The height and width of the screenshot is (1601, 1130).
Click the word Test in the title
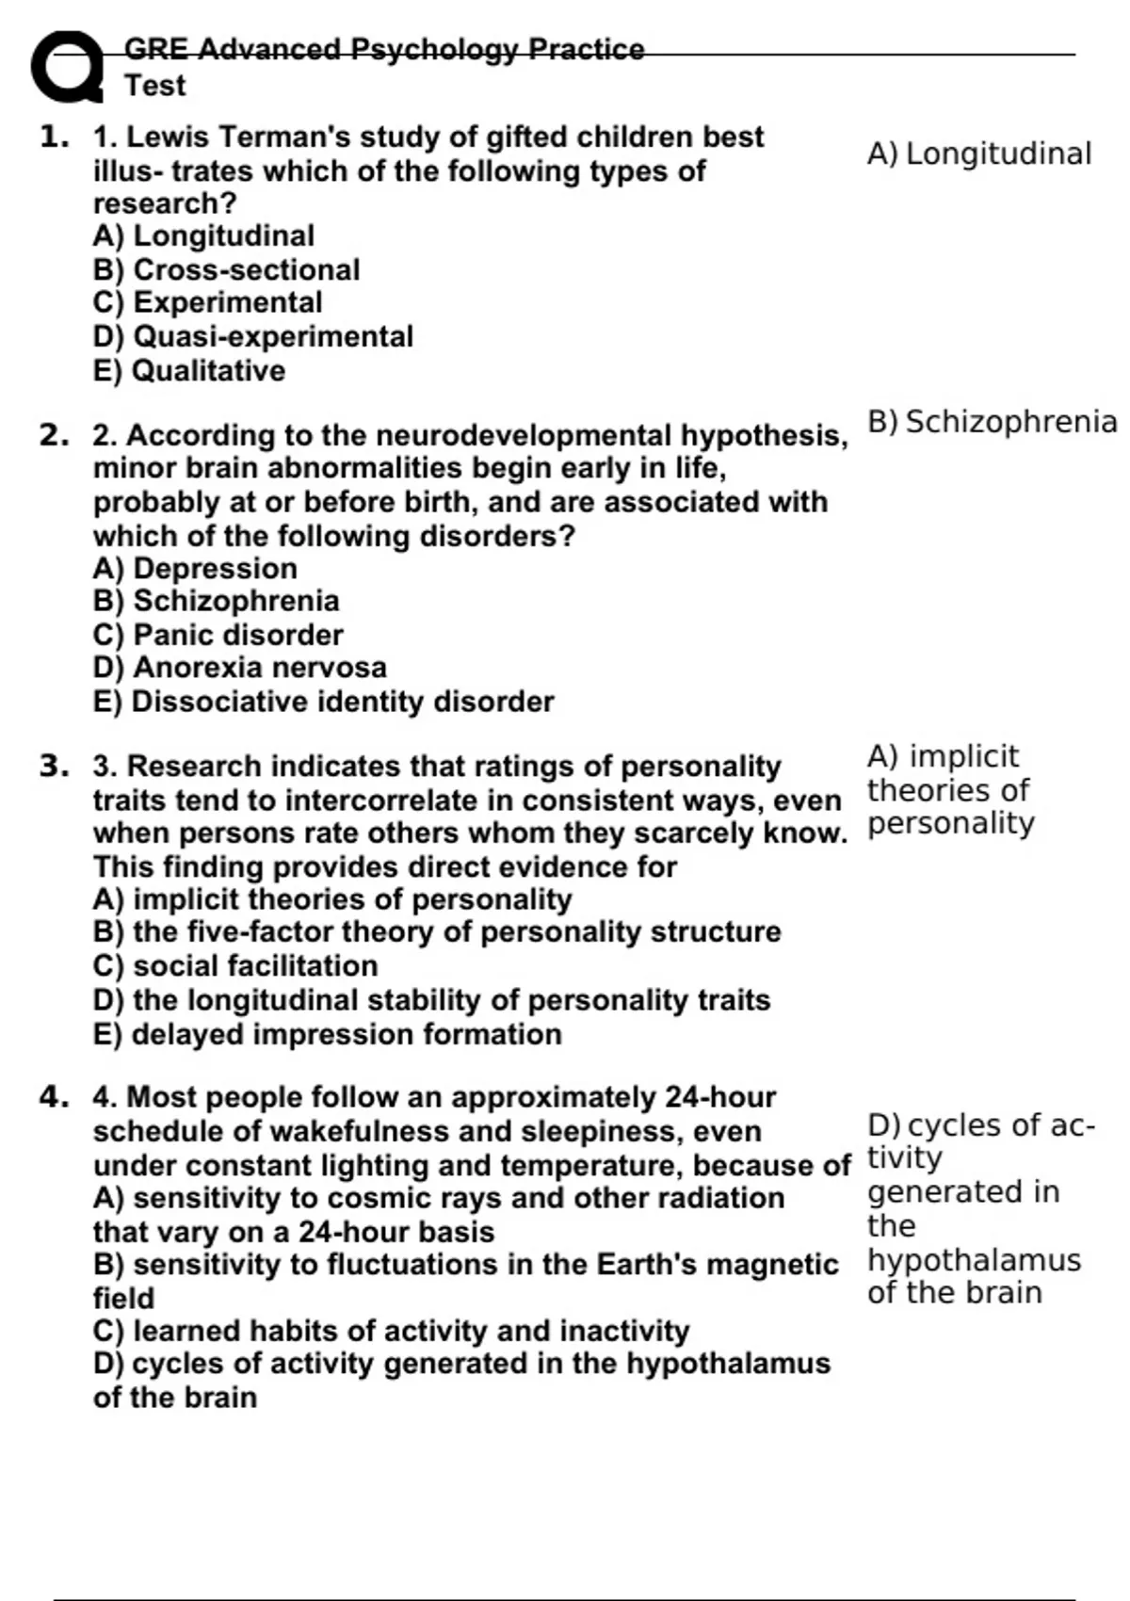click(x=155, y=86)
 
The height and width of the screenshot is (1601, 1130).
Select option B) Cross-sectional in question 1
click(x=226, y=270)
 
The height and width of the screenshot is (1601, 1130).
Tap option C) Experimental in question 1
click(x=207, y=303)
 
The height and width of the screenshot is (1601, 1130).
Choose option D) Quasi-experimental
click(x=252, y=337)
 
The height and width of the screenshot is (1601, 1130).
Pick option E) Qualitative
click(x=188, y=371)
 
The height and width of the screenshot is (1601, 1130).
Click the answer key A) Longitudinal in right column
click(x=978, y=154)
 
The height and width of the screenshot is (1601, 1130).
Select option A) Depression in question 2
click(x=195, y=569)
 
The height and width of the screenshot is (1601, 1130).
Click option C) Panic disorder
click(x=218, y=635)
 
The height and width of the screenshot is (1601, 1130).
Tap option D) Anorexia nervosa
click(x=239, y=668)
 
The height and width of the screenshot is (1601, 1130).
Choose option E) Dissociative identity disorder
click(x=323, y=703)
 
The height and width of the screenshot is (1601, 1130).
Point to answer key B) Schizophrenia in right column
click(x=992, y=422)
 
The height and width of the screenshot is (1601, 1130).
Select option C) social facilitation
click(x=235, y=966)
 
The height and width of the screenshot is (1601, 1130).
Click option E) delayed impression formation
click(x=327, y=1035)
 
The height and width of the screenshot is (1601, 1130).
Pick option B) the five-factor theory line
click(x=437, y=932)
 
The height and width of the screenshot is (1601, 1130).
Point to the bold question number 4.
click(x=55, y=1096)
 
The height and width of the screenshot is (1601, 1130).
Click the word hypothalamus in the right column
click(x=974, y=1260)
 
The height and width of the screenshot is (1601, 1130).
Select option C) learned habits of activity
click(x=391, y=1332)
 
